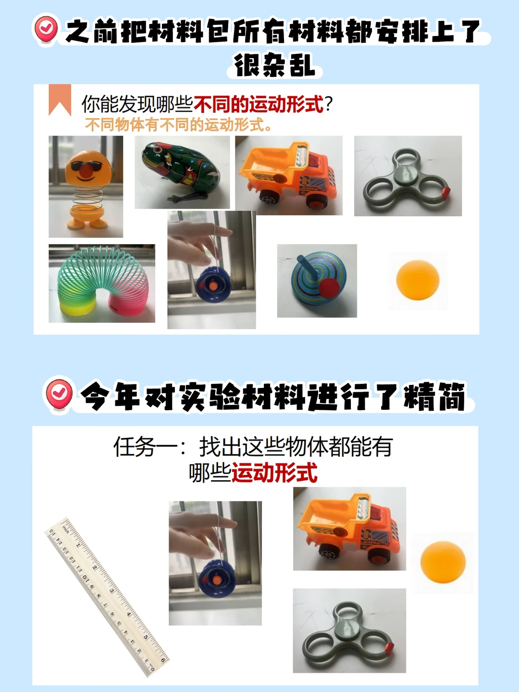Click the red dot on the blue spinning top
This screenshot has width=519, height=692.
[329, 287]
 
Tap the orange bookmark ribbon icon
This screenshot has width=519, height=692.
[60, 99]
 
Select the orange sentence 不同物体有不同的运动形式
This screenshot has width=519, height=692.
[178, 125]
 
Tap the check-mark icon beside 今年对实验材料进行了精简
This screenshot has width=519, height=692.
[59, 395]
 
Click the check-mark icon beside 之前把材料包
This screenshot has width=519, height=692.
[46, 29]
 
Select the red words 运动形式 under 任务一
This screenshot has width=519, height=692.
[274, 472]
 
